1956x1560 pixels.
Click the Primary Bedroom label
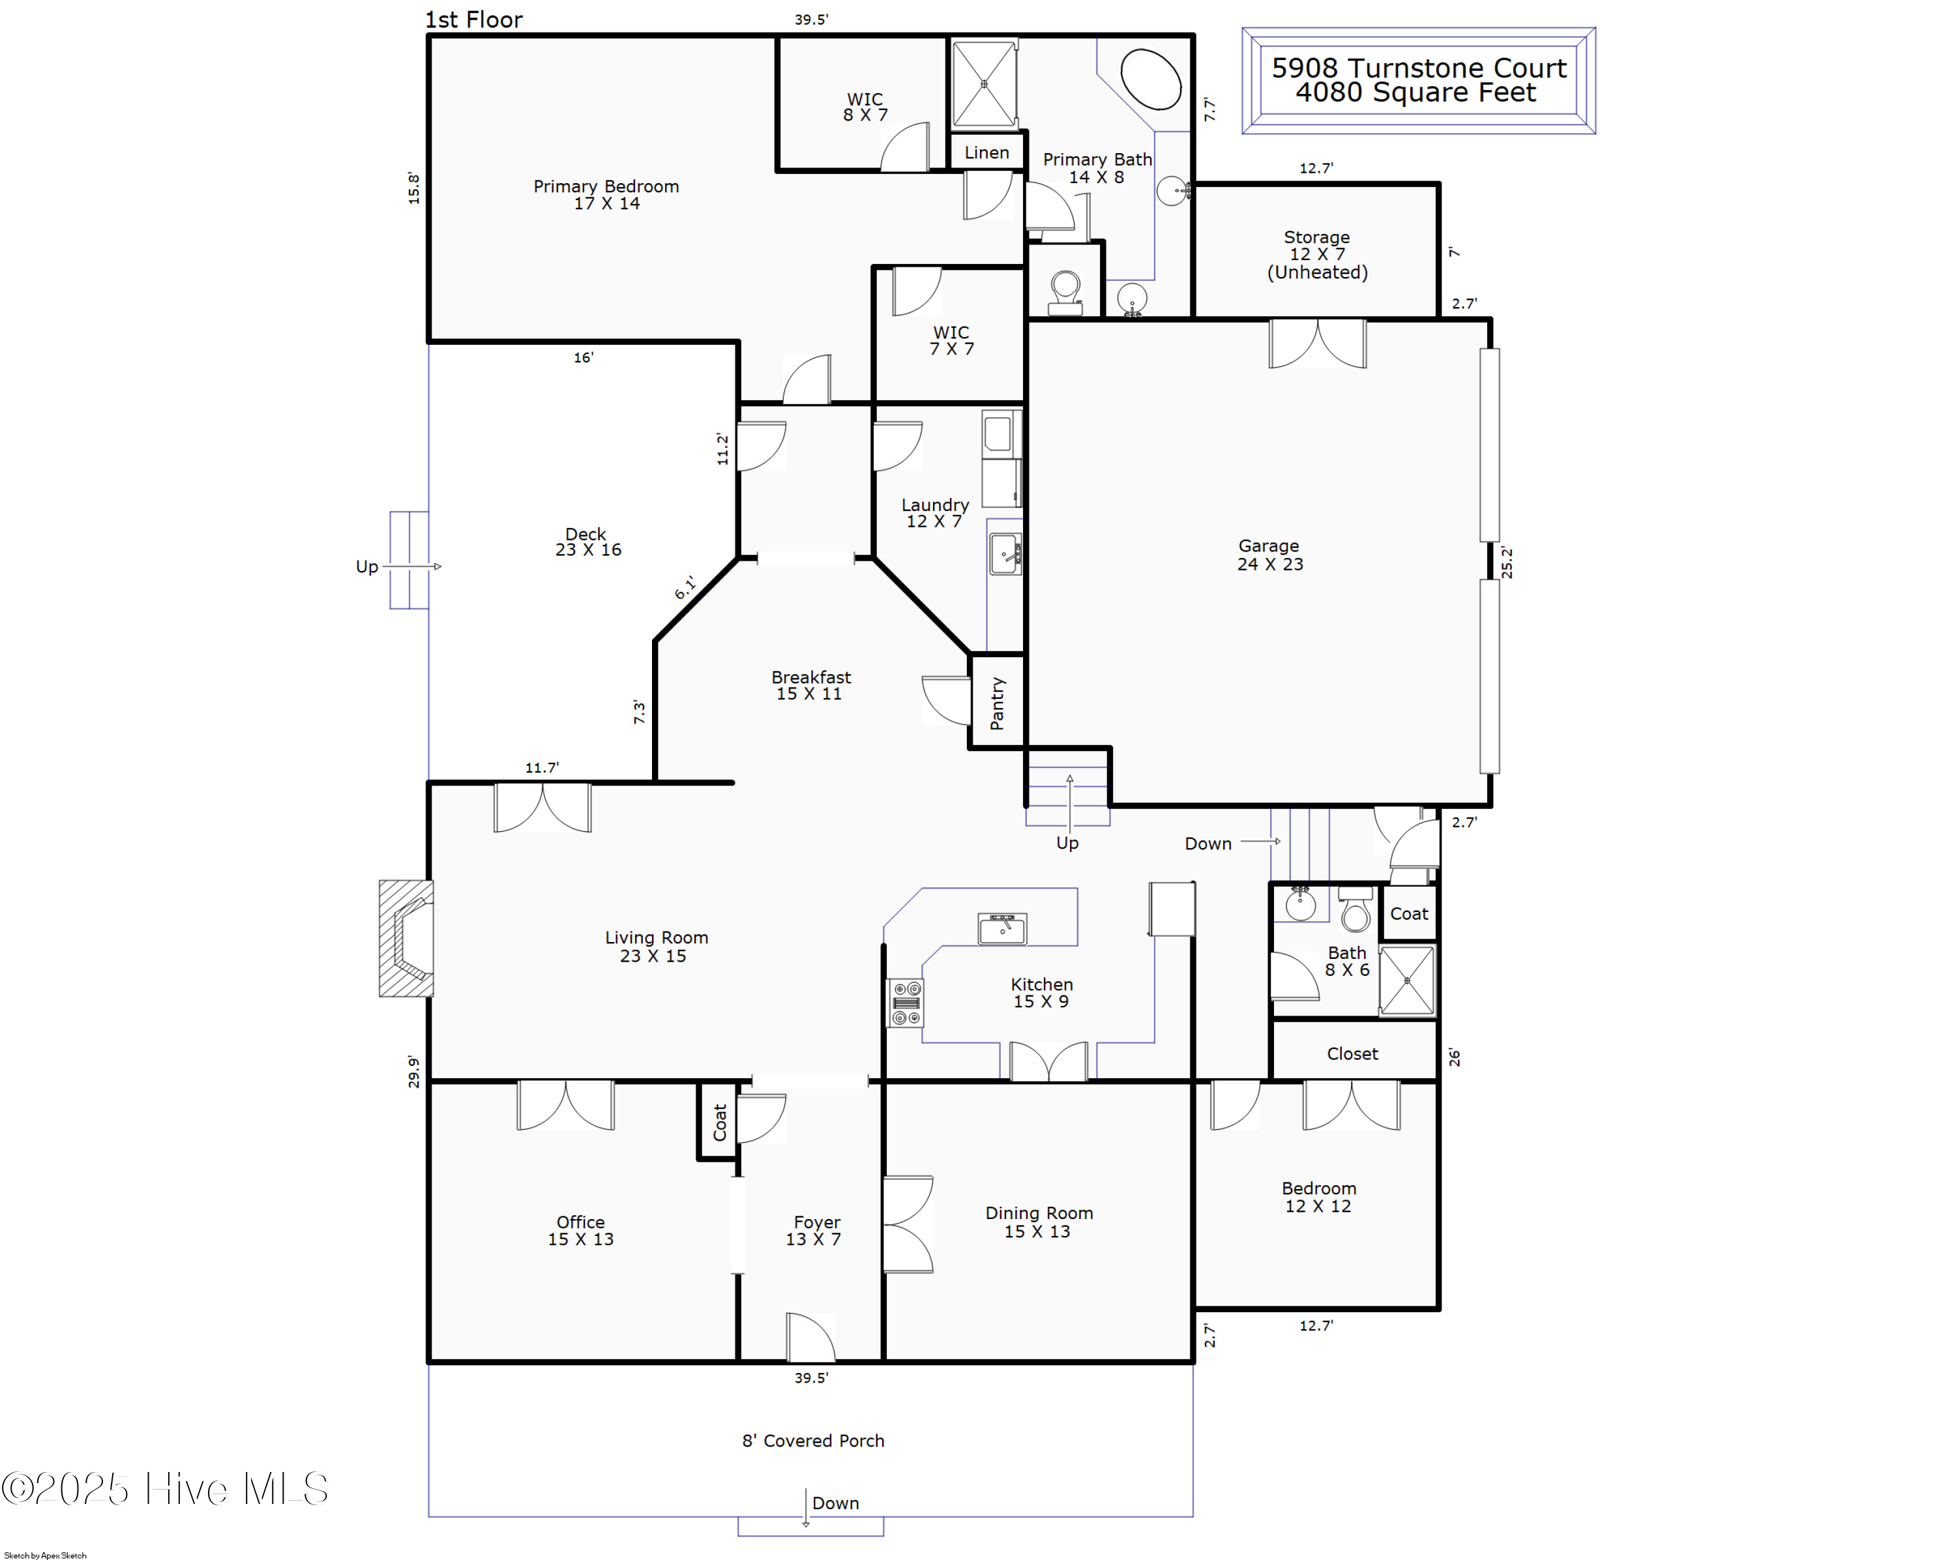click(x=606, y=194)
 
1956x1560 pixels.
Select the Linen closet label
click(x=986, y=153)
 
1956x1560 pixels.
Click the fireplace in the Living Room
click(x=406, y=938)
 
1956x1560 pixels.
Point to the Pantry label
click(x=997, y=703)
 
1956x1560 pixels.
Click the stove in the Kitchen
click(x=906, y=1002)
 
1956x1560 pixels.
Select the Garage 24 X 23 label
click(x=1269, y=554)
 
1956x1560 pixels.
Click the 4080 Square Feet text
click(x=1415, y=93)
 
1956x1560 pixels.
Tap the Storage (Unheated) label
click(x=1316, y=254)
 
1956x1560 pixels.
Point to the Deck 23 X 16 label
click(x=587, y=542)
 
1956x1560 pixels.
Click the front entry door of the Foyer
click(x=810, y=1338)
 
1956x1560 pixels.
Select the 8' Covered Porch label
click(x=813, y=1440)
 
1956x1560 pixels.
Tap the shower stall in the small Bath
click(x=1407, y=980)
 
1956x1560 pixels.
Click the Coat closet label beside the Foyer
click(x=719, y=1122)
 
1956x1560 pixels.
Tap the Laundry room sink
click(x=1004, y=553)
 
